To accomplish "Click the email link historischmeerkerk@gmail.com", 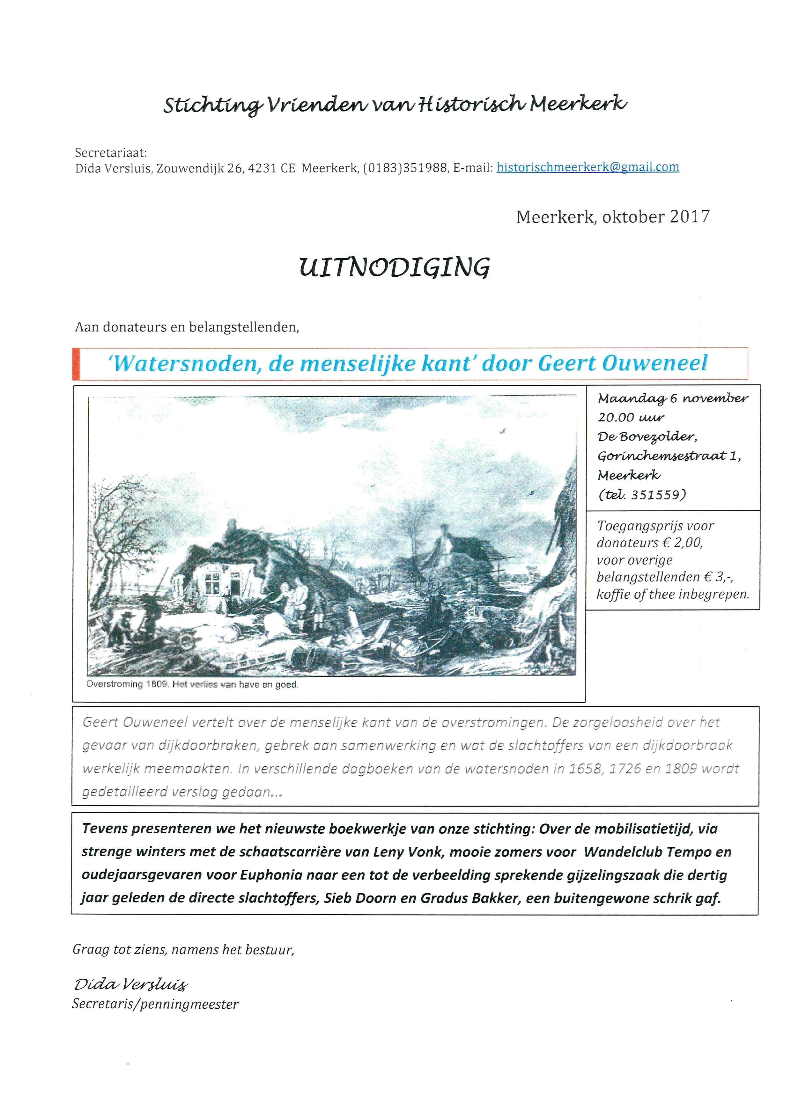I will click(588, 167).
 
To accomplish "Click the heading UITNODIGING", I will click(395, 267).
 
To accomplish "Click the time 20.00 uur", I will click(631, 417).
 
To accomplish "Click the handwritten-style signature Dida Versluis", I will click(130, 984).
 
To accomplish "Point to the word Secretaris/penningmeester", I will click(155, 1004).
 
